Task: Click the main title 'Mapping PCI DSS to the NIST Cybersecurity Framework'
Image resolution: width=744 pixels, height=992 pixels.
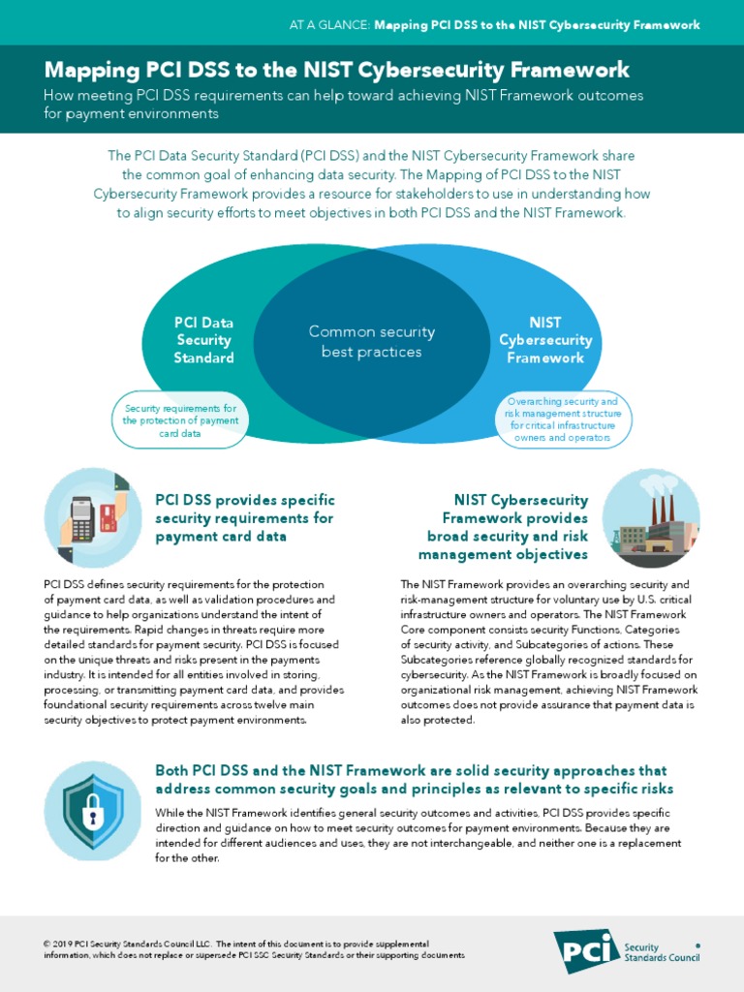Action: click(336, 71)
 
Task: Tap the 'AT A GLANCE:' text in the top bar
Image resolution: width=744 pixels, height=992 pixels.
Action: click(329, 25)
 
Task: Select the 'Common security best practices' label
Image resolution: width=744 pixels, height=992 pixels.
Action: click(372, 341)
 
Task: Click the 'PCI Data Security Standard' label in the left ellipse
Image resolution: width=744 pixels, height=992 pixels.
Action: click(203, 340)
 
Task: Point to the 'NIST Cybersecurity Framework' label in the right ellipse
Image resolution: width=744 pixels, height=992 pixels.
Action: click(545, 340)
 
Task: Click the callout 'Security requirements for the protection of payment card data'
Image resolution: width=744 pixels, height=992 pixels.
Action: click(180, 420)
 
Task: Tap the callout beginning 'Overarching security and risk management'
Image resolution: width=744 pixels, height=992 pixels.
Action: click(563, 419)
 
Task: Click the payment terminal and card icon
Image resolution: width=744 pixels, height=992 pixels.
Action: click(93, 517)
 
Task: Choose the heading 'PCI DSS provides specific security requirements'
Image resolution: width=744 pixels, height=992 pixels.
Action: click(245, 517)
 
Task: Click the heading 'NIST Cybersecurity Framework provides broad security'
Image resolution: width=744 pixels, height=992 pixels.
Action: click(504, 527)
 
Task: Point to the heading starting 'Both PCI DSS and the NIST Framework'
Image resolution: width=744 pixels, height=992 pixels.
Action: click(415, 779)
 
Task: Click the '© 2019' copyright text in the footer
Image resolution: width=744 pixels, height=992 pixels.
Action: click(59, 944)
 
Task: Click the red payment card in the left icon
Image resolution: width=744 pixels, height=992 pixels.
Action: click(108, 518)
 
